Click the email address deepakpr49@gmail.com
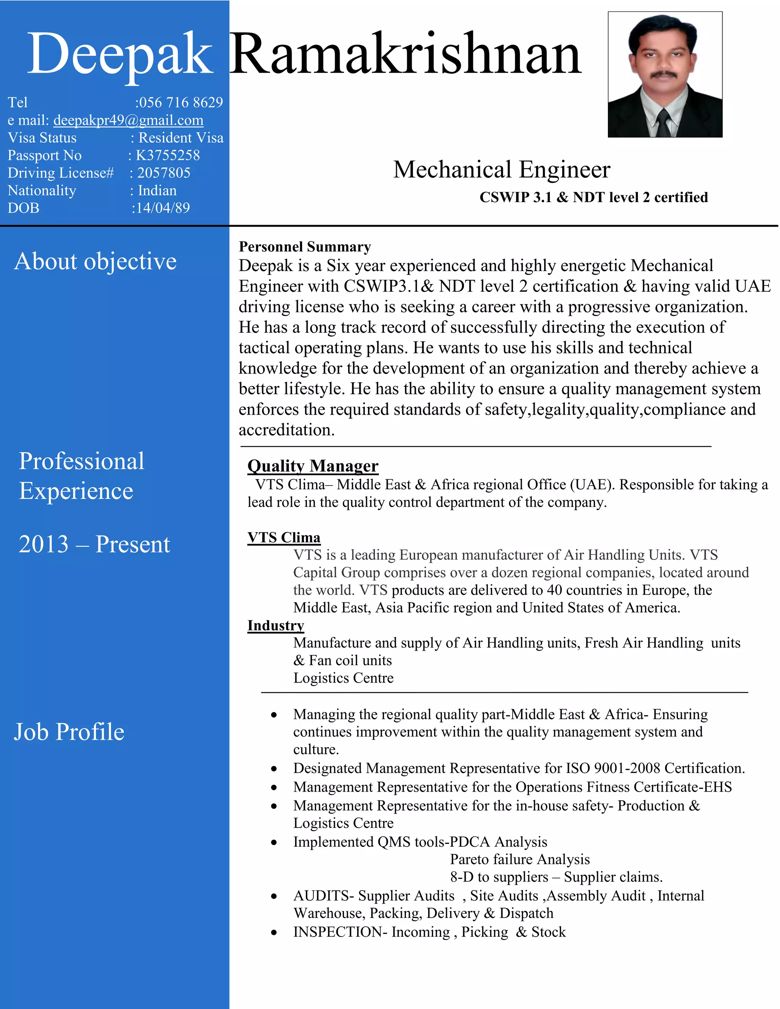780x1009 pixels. [128, 120]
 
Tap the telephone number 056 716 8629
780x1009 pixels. [181, 102]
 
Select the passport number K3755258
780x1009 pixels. [167, 155]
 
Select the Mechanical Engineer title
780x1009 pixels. [501, 169]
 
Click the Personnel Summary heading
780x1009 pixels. [305, 247]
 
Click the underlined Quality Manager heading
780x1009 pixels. [313, 466]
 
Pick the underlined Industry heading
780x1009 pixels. [275, 625]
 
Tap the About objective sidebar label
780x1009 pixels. [95, 261]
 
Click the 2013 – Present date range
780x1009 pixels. [94, 544]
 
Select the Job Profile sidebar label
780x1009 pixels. [69, 732]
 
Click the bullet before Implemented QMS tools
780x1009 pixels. [274, 842]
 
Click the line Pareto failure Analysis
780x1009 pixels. [520, 859]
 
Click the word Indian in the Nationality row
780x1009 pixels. [157, 190]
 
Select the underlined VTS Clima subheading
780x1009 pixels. [284, 537]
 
